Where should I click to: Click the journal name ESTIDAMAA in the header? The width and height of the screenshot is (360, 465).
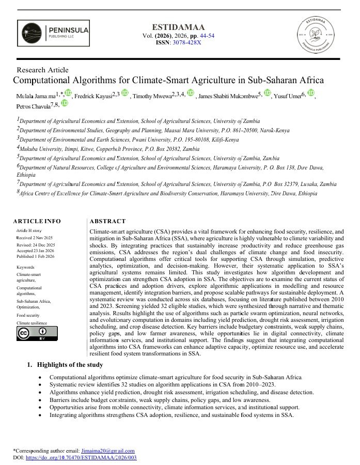(178, 27)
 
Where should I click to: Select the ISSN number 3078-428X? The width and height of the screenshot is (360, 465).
(186, 42)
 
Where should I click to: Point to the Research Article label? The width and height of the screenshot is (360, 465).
(42, 70)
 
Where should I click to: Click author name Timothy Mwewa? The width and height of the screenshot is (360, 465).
(152, 97)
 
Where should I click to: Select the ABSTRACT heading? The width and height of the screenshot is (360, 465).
(107, 221)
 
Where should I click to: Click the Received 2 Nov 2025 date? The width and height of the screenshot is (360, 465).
(35, 238)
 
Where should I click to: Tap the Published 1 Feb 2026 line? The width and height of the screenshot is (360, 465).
(36, 256)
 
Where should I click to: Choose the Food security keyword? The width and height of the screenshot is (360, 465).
(28, 315)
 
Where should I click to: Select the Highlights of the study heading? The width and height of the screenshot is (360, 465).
(70, 365)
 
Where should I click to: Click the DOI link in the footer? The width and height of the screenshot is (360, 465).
(81, 457)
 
